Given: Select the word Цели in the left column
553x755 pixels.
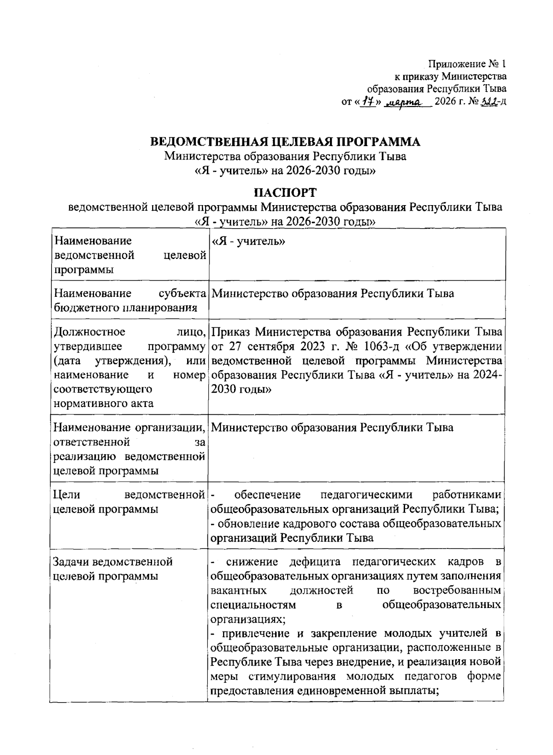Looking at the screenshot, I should click(x=67, y=495).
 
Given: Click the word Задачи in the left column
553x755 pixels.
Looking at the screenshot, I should click(x=72, y=562).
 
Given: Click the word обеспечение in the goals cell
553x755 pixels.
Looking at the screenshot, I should click(x=267, y=495).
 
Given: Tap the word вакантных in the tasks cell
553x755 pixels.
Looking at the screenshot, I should click(x=238, y=590).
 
